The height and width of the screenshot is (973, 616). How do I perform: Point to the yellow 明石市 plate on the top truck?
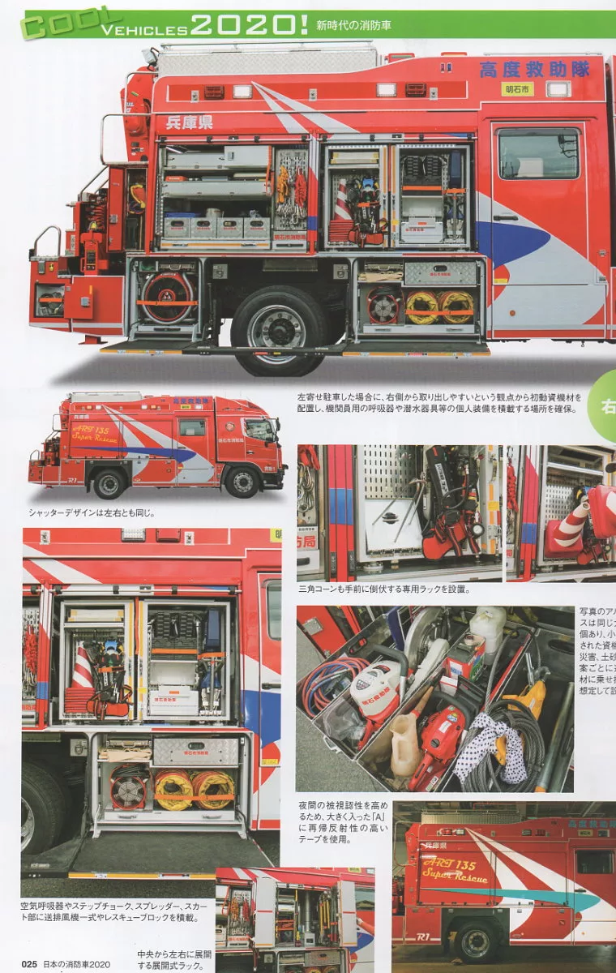click(x=516, y=88)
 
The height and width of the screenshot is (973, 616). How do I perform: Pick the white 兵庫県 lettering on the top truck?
click(x=189, y=123)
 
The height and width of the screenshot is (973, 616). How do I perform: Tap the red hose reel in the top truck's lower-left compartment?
click(x=166, y=298)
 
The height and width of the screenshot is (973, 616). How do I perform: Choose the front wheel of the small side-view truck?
click(x=242, y=482)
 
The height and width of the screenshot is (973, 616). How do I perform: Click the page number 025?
click(x=30, y=964)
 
